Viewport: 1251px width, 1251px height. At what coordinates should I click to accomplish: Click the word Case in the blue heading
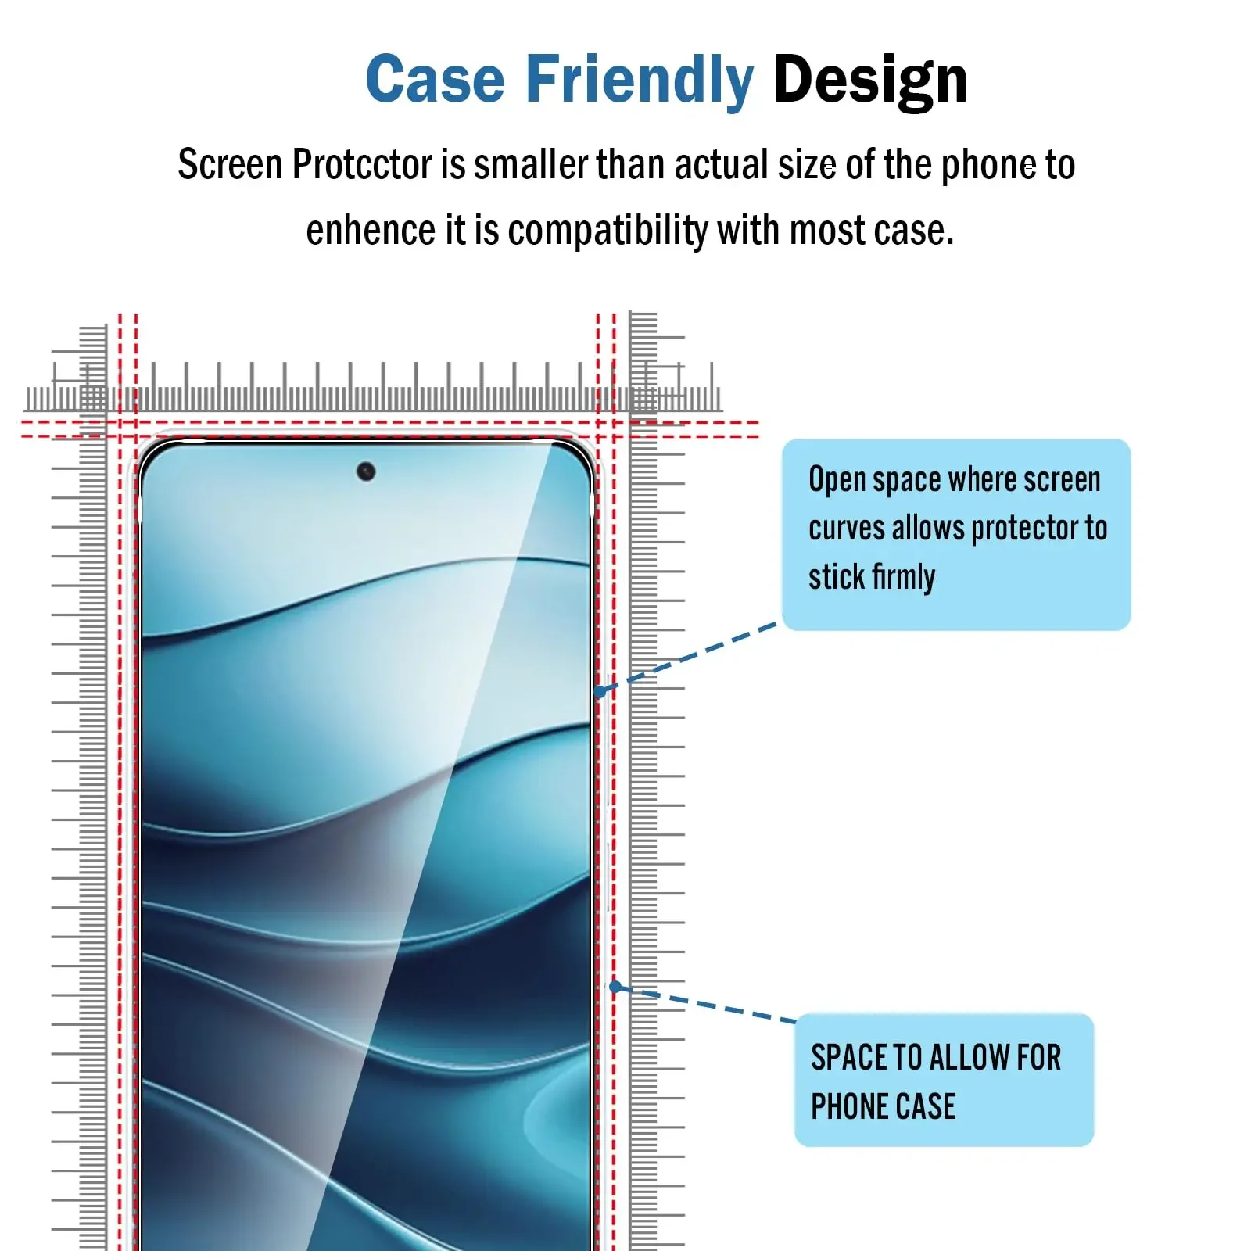point(435,80)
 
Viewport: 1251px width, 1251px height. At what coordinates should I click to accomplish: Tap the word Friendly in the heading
point(639,80)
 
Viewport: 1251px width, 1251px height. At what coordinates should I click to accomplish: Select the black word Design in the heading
point(869,80)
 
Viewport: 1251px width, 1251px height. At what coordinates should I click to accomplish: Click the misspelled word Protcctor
point(362,165)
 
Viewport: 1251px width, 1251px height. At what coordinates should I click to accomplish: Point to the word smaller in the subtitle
point(531,165)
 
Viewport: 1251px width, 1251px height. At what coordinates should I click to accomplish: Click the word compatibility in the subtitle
point(608,231)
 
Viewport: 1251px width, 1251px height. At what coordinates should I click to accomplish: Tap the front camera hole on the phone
point(366,471)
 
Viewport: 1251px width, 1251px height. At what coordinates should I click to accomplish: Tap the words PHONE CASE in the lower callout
point(883,1107)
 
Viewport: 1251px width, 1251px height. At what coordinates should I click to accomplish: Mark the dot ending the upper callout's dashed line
point(600,691)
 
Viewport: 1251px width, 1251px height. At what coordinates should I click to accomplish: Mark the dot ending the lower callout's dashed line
point(615,987)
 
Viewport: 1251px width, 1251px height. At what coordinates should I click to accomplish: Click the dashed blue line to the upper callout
point(688,658)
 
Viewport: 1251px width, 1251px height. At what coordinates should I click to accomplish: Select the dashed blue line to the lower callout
point(704,1003)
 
